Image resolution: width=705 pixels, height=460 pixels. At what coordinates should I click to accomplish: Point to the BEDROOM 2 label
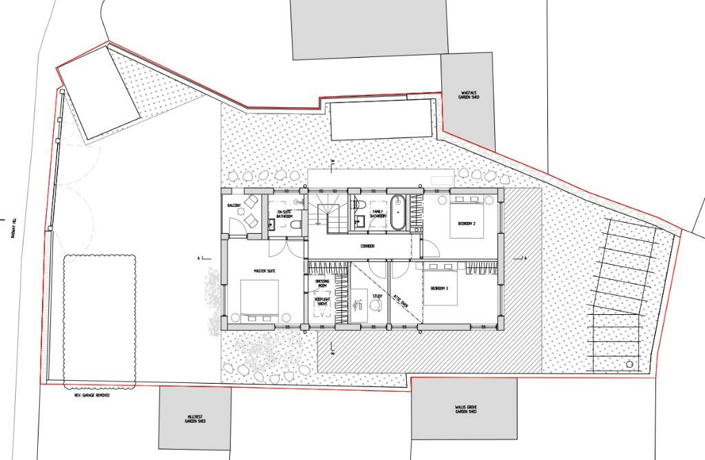point(467,223)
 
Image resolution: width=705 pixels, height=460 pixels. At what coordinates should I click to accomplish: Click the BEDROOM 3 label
point(439,289)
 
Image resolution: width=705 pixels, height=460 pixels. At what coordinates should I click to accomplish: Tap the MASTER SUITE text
point(264,272)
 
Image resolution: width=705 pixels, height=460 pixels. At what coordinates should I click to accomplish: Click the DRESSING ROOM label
point(322,284)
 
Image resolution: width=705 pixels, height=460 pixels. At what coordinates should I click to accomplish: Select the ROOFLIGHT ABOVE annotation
point(322,301)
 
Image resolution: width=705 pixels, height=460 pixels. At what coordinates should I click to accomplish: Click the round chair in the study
point(363,310)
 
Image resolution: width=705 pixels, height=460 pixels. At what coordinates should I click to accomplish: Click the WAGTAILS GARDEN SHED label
point(470,95)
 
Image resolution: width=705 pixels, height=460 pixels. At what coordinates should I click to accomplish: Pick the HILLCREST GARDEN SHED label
point(194,419)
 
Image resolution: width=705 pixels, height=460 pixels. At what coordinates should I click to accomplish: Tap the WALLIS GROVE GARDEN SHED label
point(466,410)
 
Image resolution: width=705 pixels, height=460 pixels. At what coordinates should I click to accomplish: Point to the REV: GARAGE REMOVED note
point(93,395)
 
